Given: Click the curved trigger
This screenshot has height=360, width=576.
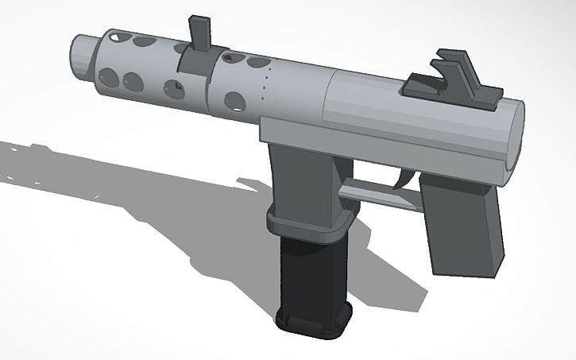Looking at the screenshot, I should (x=406, y=180).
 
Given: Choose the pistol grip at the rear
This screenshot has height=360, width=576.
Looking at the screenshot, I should (x=461, y=226).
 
